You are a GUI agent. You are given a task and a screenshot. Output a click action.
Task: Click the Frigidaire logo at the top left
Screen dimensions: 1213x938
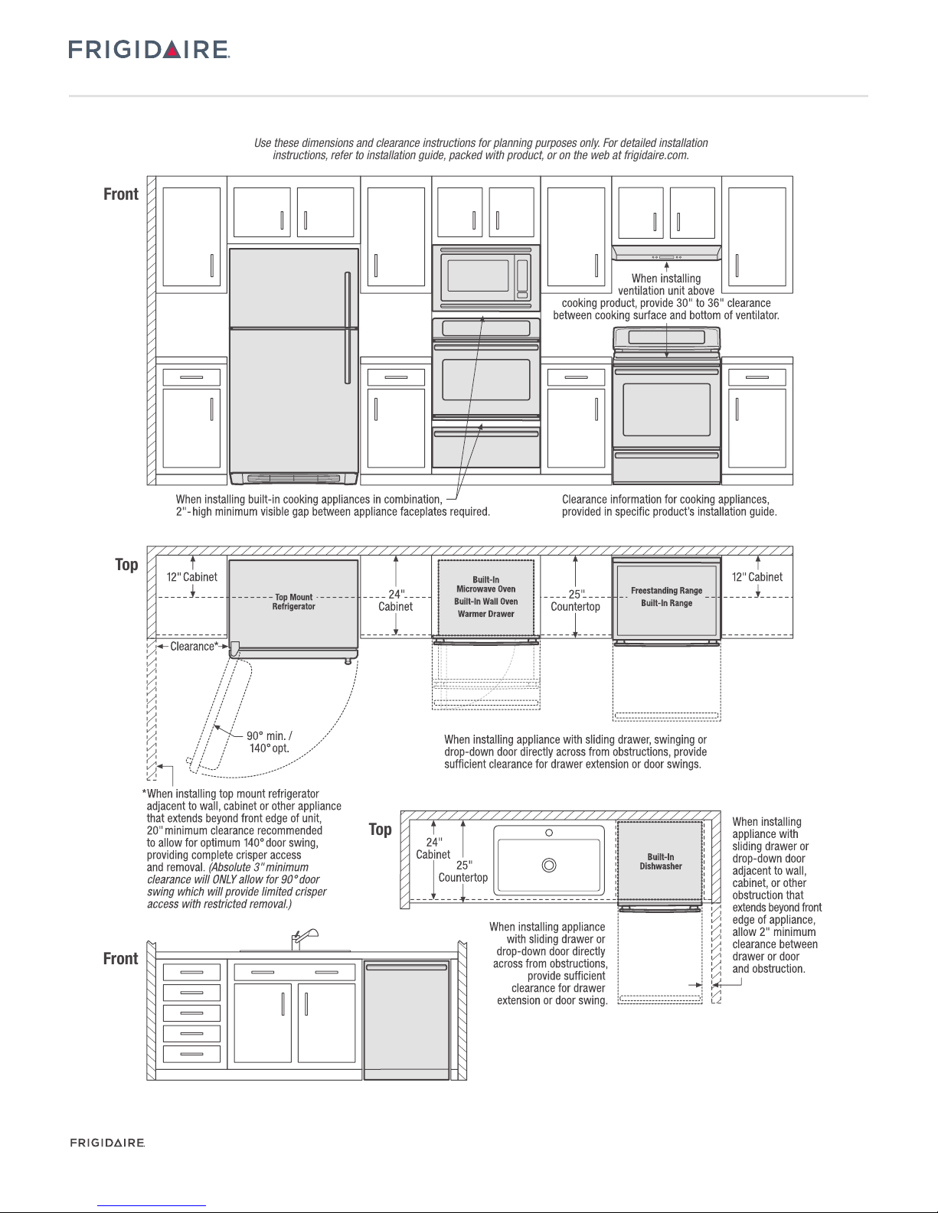149,51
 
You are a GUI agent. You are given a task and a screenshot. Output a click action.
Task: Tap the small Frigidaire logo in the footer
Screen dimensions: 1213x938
107,1143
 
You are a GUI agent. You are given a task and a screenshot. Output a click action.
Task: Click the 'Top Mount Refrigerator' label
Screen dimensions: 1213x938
293,602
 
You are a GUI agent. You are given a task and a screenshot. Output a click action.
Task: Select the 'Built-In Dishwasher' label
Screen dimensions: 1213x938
660,861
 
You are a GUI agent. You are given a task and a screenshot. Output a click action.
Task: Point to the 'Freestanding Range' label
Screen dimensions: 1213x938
666,590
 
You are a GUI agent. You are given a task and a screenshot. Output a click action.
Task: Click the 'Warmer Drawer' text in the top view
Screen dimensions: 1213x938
485,614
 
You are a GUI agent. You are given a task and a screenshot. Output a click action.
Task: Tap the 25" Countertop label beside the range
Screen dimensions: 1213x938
575,599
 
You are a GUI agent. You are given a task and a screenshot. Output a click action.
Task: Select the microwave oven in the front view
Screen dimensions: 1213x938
485,278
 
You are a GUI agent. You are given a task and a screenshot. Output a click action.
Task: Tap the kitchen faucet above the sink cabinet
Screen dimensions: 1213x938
302,938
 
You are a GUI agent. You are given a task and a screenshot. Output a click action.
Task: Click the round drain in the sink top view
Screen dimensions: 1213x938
548,865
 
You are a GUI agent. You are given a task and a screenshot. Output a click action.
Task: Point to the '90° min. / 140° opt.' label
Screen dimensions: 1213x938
269,742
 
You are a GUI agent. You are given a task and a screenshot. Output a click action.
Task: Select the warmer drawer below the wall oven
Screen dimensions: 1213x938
485,448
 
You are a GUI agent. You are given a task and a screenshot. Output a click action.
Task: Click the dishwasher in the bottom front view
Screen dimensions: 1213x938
406,1020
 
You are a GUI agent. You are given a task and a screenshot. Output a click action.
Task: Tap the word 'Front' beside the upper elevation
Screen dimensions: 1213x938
121,194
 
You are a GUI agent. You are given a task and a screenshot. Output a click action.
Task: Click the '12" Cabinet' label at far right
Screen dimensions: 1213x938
757,577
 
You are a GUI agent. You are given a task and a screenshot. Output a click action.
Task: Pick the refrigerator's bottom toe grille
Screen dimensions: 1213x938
293,478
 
